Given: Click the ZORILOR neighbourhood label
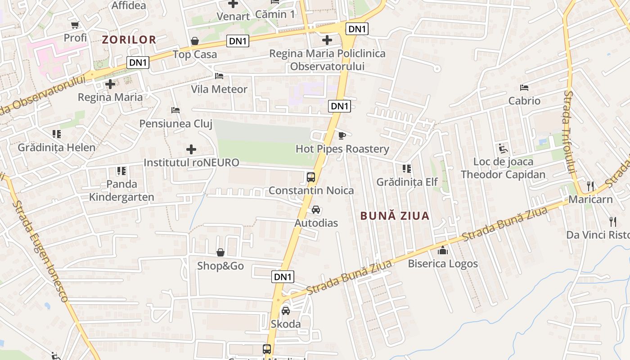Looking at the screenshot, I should coord(129,40).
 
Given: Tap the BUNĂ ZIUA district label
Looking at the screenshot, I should coord(395,216).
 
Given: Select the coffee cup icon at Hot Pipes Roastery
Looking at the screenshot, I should coord(342,135).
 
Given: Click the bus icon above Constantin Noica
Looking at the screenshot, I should coord(311,177).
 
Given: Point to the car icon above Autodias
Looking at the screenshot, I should coord(316,210).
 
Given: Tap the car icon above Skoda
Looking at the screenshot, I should coord(285,310).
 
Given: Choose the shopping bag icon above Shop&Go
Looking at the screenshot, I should coord(220,252).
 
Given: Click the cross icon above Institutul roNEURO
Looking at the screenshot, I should coord(191,149).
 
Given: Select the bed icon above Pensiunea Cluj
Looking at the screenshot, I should coord(175,110).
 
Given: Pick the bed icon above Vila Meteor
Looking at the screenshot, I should coord(219,76).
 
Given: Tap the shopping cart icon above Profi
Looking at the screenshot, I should coord(75,24).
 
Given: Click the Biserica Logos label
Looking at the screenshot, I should coord(443,264).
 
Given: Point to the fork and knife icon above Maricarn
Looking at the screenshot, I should coord(590,185).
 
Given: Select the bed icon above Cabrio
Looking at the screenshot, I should coord(524,87).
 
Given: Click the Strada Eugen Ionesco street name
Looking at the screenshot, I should coord(40,252).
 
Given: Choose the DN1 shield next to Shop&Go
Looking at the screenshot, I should coord(283,277).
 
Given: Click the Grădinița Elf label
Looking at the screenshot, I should coord(407,182).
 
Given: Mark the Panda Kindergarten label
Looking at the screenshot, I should coord(121,190).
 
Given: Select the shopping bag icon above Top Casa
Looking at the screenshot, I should coord(195,41).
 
